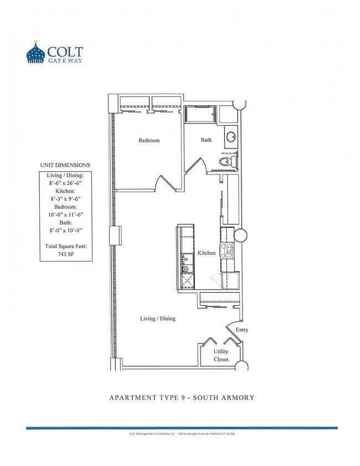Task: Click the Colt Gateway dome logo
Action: pos(37,53)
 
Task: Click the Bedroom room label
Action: pos(149,141)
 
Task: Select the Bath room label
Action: pos(206,140)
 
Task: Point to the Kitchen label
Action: pos(207,253)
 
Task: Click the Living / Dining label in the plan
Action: pos(158,319)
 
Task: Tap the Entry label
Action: pos(242,330)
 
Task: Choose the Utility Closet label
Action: pos(221,355)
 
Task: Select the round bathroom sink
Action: pos(231,136)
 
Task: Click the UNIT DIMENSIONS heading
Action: pos(65,165)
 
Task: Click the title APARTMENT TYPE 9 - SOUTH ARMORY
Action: pos(181,397)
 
